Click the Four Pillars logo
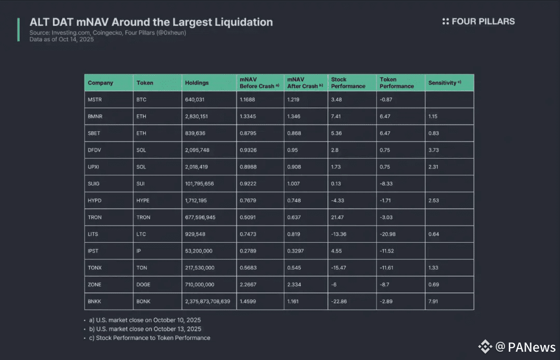[478, 21]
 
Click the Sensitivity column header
[442, 83]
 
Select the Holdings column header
[197, 83]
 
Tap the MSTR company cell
[95, 99]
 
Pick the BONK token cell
[144, 301]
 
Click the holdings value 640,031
[195, 99]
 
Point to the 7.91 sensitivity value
[433, 301]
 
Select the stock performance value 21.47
[339, 217]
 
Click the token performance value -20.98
[387, 234]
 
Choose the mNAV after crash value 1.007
[293, 184]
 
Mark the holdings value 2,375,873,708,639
[207, 301]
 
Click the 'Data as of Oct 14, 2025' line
[62, 39]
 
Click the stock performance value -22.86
[340, 301]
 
